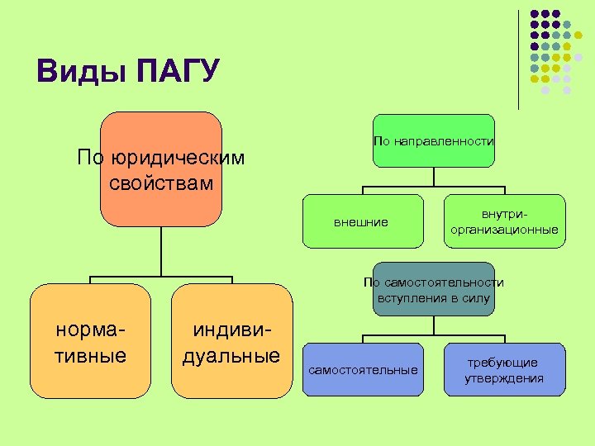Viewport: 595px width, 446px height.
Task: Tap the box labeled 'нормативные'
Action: pos(90,339)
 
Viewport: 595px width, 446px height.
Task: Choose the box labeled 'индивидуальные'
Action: pos(232,339)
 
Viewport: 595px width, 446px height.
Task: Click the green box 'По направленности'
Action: pos(433,141)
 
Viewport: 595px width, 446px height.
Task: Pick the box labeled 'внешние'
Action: pos(362,221)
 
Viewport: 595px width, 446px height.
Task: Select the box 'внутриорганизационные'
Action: pos(504,221)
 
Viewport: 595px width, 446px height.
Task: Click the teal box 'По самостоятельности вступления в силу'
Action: pos(433,290)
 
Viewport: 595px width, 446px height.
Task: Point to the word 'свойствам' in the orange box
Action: pos(160,182)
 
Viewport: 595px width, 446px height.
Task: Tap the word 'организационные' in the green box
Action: pos(504,230)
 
